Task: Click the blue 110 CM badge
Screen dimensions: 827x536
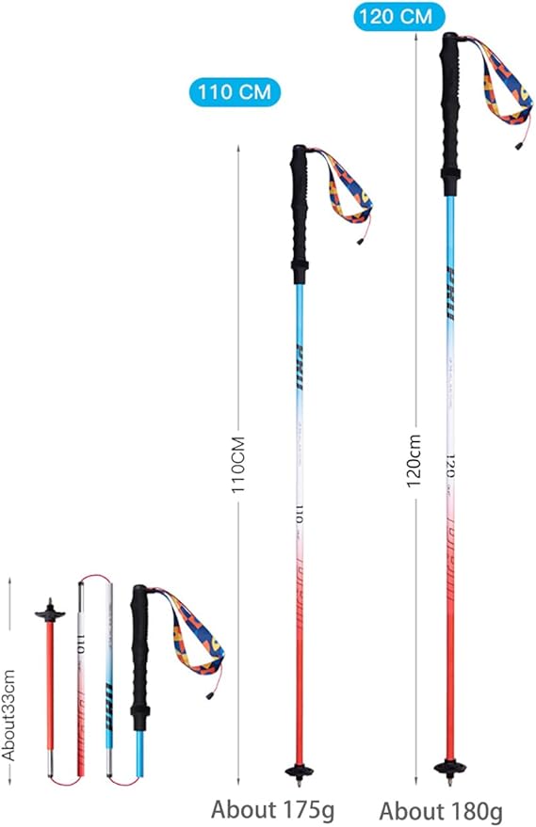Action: (236, 92)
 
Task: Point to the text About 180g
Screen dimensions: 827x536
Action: (441, 810)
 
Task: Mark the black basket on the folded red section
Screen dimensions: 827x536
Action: (46, 614)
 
